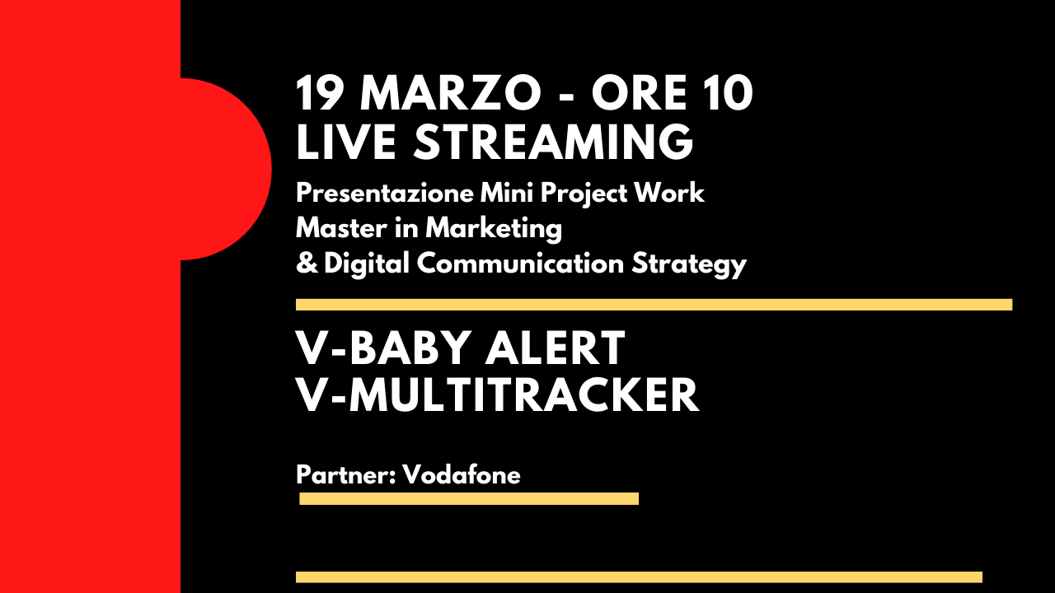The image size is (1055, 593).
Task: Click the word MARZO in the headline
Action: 450,93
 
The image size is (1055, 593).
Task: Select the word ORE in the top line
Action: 639,93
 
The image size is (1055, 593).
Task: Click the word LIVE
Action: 346,142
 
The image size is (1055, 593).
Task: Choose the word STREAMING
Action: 553,142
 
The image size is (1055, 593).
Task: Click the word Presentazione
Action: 385,193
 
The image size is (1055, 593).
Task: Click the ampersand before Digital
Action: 307,263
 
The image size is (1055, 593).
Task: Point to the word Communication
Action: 520,263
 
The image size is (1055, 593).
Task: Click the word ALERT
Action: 555,348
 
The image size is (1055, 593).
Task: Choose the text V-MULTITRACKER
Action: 497,395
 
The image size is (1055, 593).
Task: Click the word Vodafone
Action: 462,474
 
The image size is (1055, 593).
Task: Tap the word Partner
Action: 345,474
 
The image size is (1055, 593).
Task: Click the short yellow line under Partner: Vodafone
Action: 469,498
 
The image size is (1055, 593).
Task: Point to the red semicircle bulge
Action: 226,169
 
